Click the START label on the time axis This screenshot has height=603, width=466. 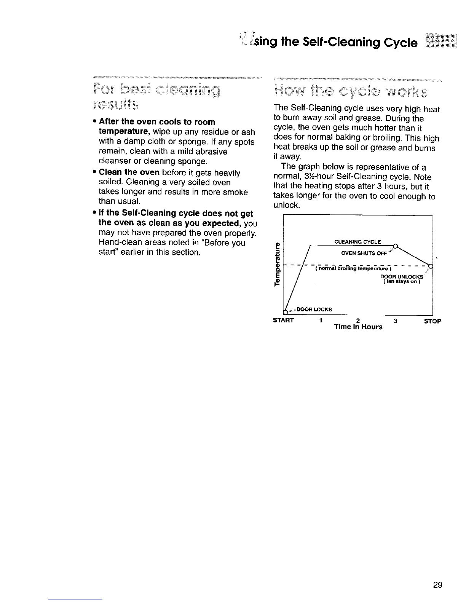click(x=284, y=321)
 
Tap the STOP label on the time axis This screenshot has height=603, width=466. click(x=432, y=321)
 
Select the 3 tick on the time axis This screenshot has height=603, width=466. click(x=396, y=321)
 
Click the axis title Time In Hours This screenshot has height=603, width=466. click(x=358, y=327)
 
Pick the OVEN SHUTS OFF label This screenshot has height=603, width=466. click(x=364, y=253)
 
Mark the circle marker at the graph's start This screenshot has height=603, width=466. click(x=285, y=312)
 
